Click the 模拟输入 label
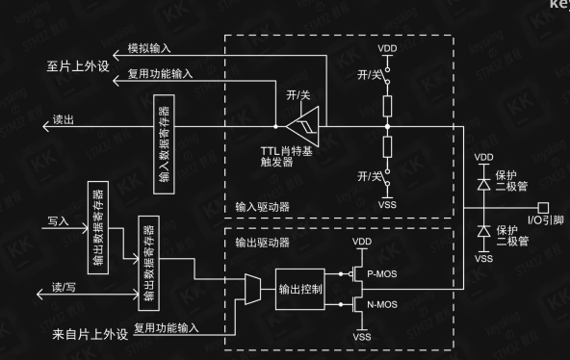pos(150,47)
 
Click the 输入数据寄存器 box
pos(164,131)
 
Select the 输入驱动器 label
pos(262,206)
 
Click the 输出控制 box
pos(301,290)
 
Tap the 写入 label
pos(60,220)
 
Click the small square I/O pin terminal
pos(544,206)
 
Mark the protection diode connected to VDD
pos(482,180)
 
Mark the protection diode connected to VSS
pos(482,231)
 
